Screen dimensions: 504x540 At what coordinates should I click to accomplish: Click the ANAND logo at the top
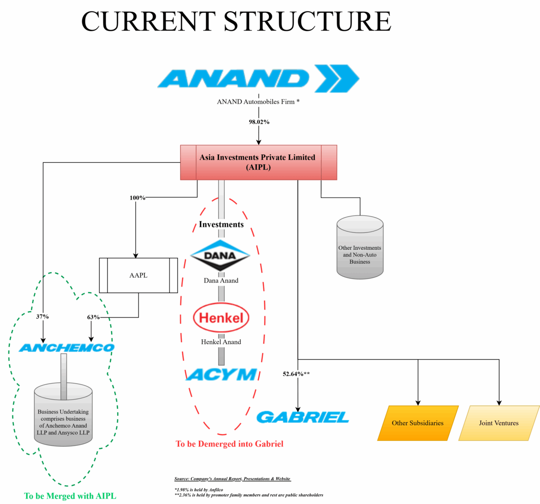point(258,79)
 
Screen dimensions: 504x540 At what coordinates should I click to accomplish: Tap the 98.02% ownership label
point(259,122)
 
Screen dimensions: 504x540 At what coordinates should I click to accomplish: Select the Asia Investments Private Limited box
point(258,162)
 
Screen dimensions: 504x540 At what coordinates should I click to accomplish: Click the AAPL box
point(138,275)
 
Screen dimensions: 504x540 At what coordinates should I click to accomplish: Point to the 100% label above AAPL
point(137,198)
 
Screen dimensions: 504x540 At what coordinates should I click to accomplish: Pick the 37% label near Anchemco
point(42,317)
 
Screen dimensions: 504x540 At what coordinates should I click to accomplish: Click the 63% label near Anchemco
point(93,317)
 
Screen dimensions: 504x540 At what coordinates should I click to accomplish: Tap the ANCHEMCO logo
point(67,348)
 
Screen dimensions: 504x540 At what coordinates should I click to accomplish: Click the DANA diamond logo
point(220,256)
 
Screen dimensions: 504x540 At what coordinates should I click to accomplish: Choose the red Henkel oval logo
point(221,318)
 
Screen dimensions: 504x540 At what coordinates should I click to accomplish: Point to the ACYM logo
point(221,374)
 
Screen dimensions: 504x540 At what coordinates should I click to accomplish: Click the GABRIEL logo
point(303,417)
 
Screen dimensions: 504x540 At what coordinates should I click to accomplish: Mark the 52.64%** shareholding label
point(296,374)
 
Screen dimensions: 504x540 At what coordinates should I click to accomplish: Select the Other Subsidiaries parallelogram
point(418,423)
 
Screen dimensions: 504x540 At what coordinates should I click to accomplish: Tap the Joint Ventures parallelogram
point(499,423)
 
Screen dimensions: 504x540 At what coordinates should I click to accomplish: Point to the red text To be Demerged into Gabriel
point(229,444)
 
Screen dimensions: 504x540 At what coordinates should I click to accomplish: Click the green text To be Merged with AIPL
point(70,496)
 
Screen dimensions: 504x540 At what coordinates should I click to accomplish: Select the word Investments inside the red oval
point(221,225)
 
